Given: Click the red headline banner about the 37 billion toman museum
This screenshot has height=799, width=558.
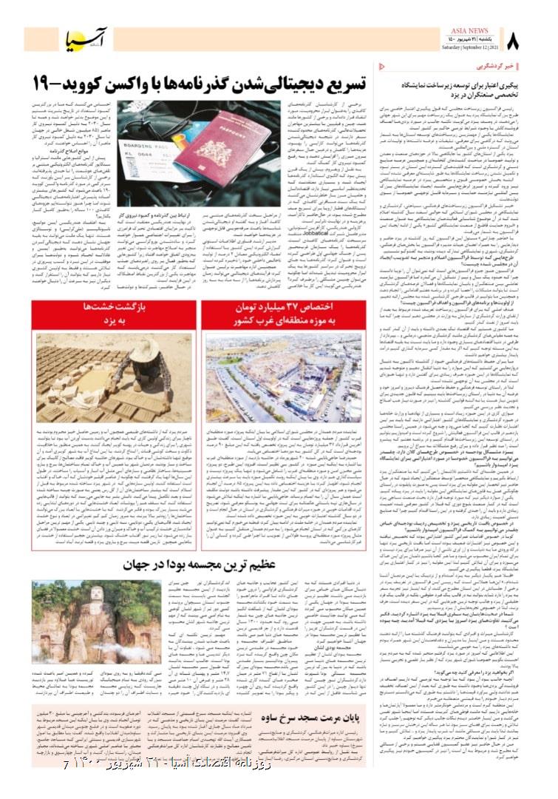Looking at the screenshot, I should point(284,314).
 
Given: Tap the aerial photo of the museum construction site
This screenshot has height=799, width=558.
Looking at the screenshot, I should point(284,377).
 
